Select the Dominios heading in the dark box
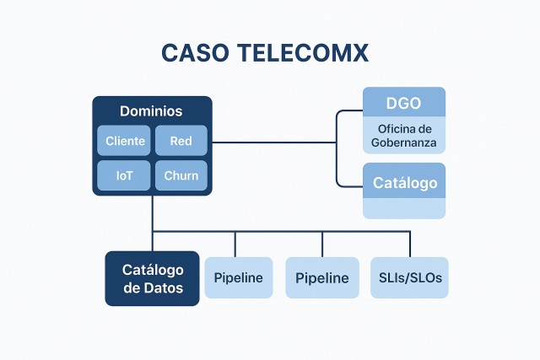(x=151, y=111)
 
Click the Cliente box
(x=124, y=141)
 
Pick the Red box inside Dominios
(x=181, y=141)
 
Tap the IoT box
(x=124, y=175)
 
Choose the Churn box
(x=181, y=175)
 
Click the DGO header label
(x=403, y=103)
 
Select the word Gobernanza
(x=404, y=142)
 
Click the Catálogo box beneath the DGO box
(x=404, y=182)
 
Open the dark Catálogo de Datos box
(x=152, y=278)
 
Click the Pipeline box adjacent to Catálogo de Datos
(x=239, y=278)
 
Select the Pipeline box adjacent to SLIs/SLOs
(x=321, y=278)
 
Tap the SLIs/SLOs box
(x=409, y=278)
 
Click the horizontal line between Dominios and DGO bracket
(x=274, y=142)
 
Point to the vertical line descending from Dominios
(x=153, y=213)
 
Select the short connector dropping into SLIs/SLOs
(x=410, y=244)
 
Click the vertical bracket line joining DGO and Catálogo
(x=337, y=148)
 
